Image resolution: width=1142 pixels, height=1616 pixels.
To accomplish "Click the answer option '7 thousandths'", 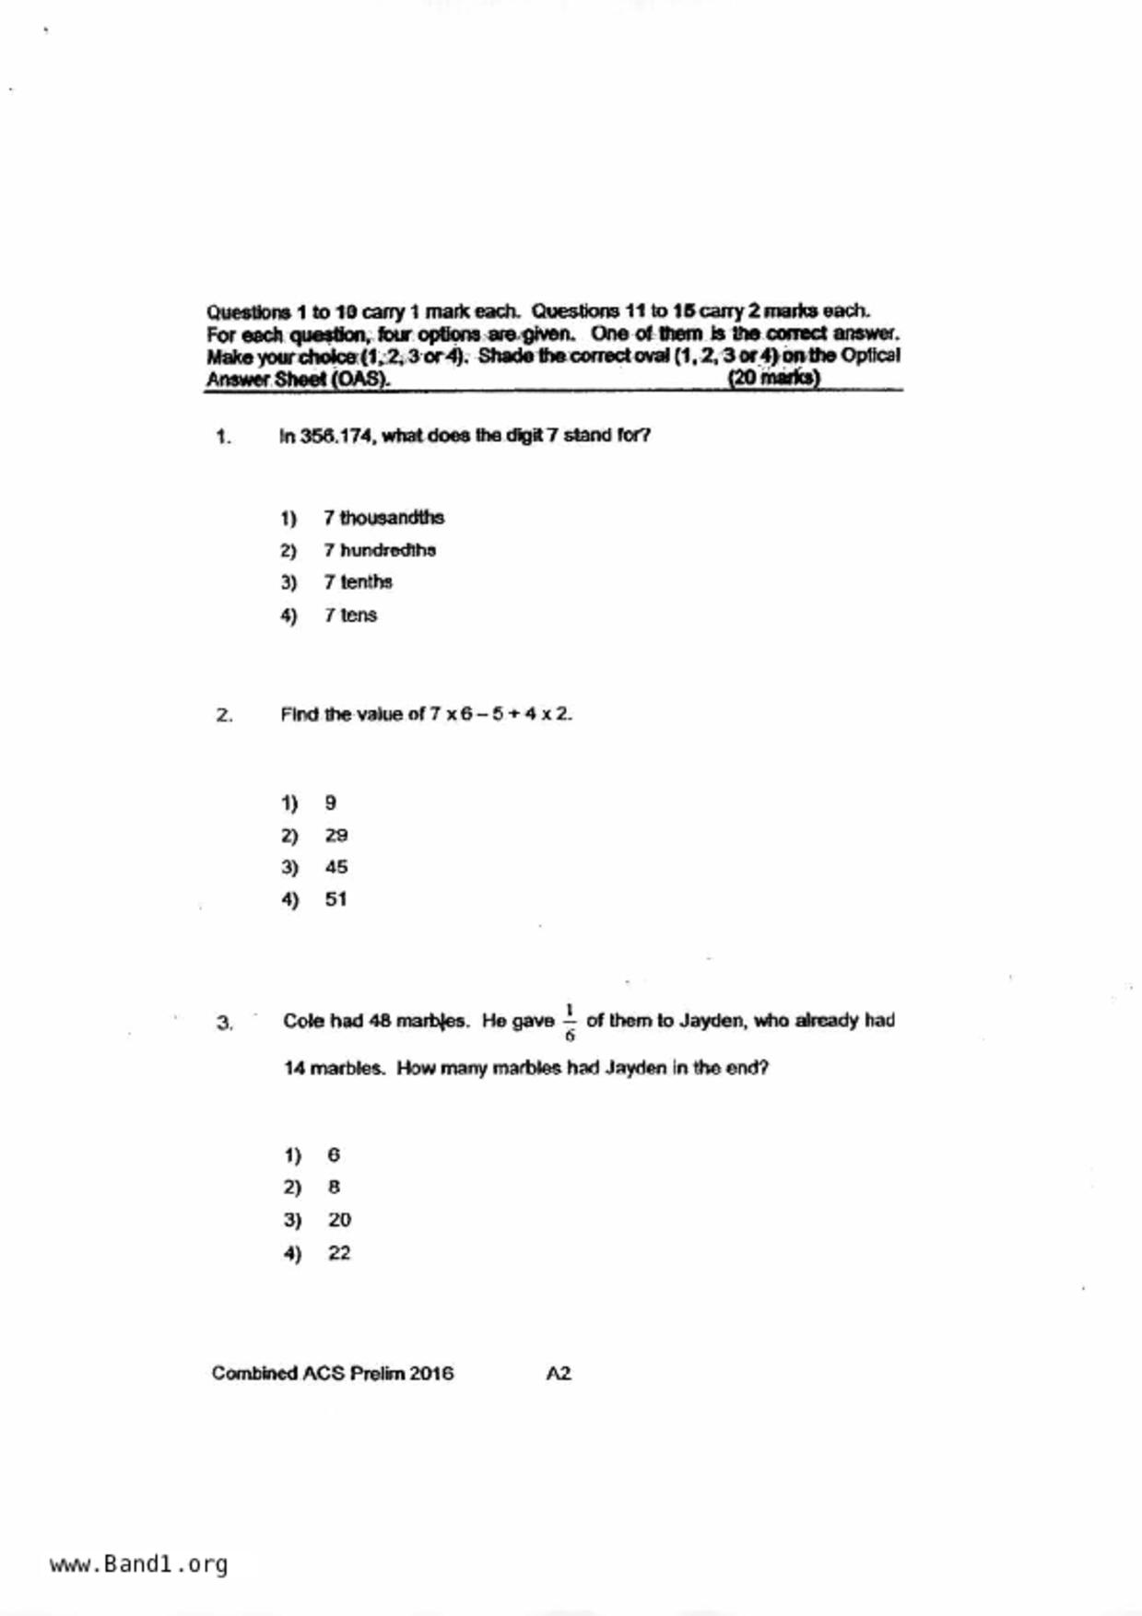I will pyautogui.click(x=383, y=518).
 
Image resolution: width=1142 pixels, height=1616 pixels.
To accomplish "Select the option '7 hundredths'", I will pyautogui.click(x=379, y=550).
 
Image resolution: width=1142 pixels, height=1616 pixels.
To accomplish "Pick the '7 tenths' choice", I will pyautogui.click(x=358, y=582).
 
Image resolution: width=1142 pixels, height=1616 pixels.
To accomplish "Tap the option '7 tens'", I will pyautogui.click(x=350, y=615).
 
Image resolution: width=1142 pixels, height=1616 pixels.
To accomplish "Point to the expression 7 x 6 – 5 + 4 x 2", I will pyautogui.click(x=500, y=714).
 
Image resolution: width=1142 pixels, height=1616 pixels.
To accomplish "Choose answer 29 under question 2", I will pyautogui.click(x=336, y=836).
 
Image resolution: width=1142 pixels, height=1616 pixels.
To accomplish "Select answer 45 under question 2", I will pyautogui.click(x=336, y=867).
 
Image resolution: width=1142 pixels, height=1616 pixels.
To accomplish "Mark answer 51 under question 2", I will pyautogui.click(x=336, y=899).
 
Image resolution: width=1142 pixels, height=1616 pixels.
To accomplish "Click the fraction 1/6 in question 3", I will pyautogui.click(x=570, y=1022).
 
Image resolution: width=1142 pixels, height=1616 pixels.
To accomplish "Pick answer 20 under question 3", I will pyautogui.click(x=339, y=1220).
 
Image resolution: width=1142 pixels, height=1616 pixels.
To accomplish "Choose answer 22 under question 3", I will pyautogui.click(x=339, y=1253).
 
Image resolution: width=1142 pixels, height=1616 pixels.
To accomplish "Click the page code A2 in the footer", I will pyautogui.click(x=559, y=1374).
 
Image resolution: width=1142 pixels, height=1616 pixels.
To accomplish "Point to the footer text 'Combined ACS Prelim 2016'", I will pyautogui.click(x=333, y=1374).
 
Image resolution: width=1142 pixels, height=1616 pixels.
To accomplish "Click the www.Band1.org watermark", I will pyautogui.click(x=138, y=1564).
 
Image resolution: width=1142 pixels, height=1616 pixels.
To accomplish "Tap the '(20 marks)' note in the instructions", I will pyautogui.click(x=773, y=378).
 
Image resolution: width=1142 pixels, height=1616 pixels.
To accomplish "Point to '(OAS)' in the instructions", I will pyautogui.click(x=359, y=379).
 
